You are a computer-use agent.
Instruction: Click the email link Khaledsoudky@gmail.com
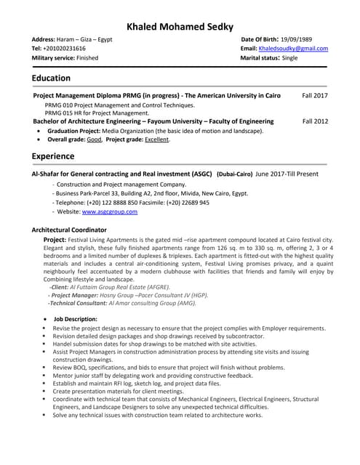coord(295,48)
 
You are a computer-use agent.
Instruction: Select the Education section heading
coord(51,78)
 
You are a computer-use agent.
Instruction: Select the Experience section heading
coord(54,155)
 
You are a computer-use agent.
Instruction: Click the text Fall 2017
coord(315,96)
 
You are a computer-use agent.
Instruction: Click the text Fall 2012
coord(315,121)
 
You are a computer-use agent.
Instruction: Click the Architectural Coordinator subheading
coord(69,230)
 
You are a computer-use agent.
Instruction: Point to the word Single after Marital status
coord(289,57)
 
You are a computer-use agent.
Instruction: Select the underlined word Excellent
coord(156,139)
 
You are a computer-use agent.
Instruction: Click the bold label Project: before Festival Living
coord(55,239)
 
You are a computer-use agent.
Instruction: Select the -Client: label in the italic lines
coord(60,287)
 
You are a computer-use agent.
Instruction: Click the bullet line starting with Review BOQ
coord(169,368)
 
